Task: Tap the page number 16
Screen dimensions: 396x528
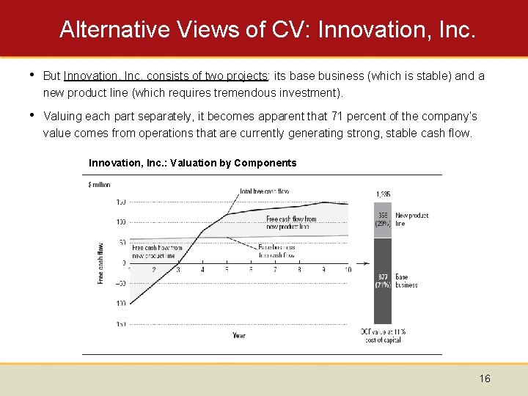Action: (x=485, y=378)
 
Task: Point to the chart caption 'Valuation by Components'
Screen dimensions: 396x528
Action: (x=233, y=163)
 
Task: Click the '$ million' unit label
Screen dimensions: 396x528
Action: (x=99, y=185)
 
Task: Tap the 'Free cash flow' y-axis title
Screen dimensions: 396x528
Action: (x=101, y=263)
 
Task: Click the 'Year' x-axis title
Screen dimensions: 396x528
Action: (x=239, y=335)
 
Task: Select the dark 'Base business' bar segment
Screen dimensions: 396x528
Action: (x=383, y=281)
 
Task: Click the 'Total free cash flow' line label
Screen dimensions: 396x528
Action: (x=265, y=191)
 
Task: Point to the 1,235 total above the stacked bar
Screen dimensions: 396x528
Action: (x=383, y=194)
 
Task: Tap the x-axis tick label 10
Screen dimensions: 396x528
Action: (x=347, y=270)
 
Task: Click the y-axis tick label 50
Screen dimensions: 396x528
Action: (x=120, y=242)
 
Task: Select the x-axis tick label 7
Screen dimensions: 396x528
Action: (x=275, y=270)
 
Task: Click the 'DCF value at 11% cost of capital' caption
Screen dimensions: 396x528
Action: (x=383, y=336)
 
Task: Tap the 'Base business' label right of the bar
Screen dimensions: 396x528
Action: (x=406, y=281)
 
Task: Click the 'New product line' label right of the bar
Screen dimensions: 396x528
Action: (x=411, y=220)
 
